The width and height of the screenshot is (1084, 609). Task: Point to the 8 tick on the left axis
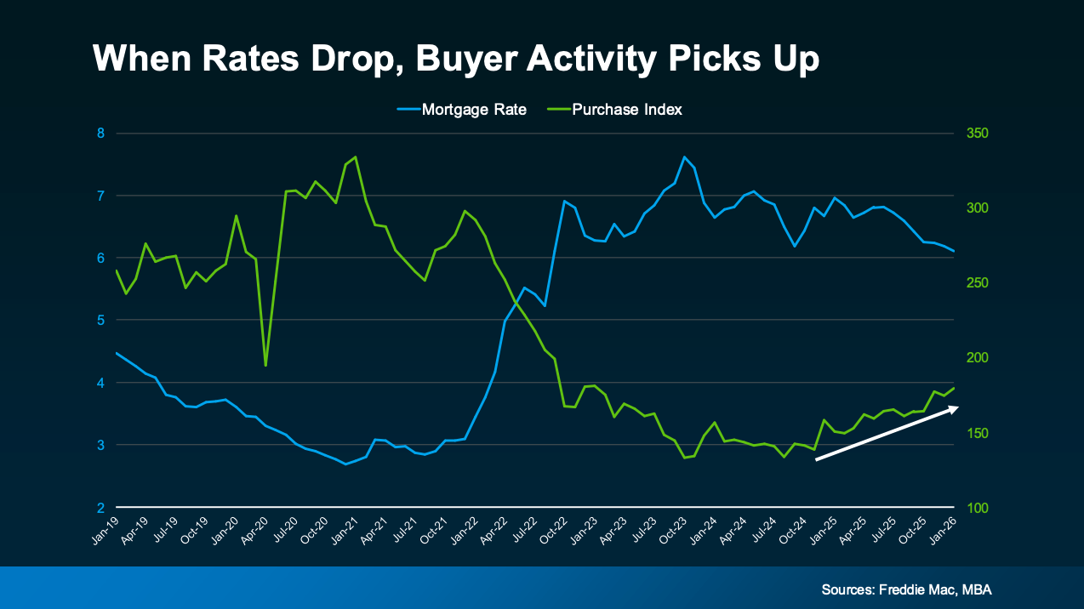[100, 134]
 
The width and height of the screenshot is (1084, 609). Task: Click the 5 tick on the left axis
[100, 321]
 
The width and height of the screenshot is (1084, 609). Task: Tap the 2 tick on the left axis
[100, 508]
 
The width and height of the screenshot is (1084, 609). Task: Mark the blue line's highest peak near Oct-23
[684, 157]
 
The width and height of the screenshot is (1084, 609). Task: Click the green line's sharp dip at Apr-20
[266, 366]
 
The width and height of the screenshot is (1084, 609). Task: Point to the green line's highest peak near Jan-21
[356, 157]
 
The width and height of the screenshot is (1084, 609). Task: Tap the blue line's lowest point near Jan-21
[345, 464]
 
